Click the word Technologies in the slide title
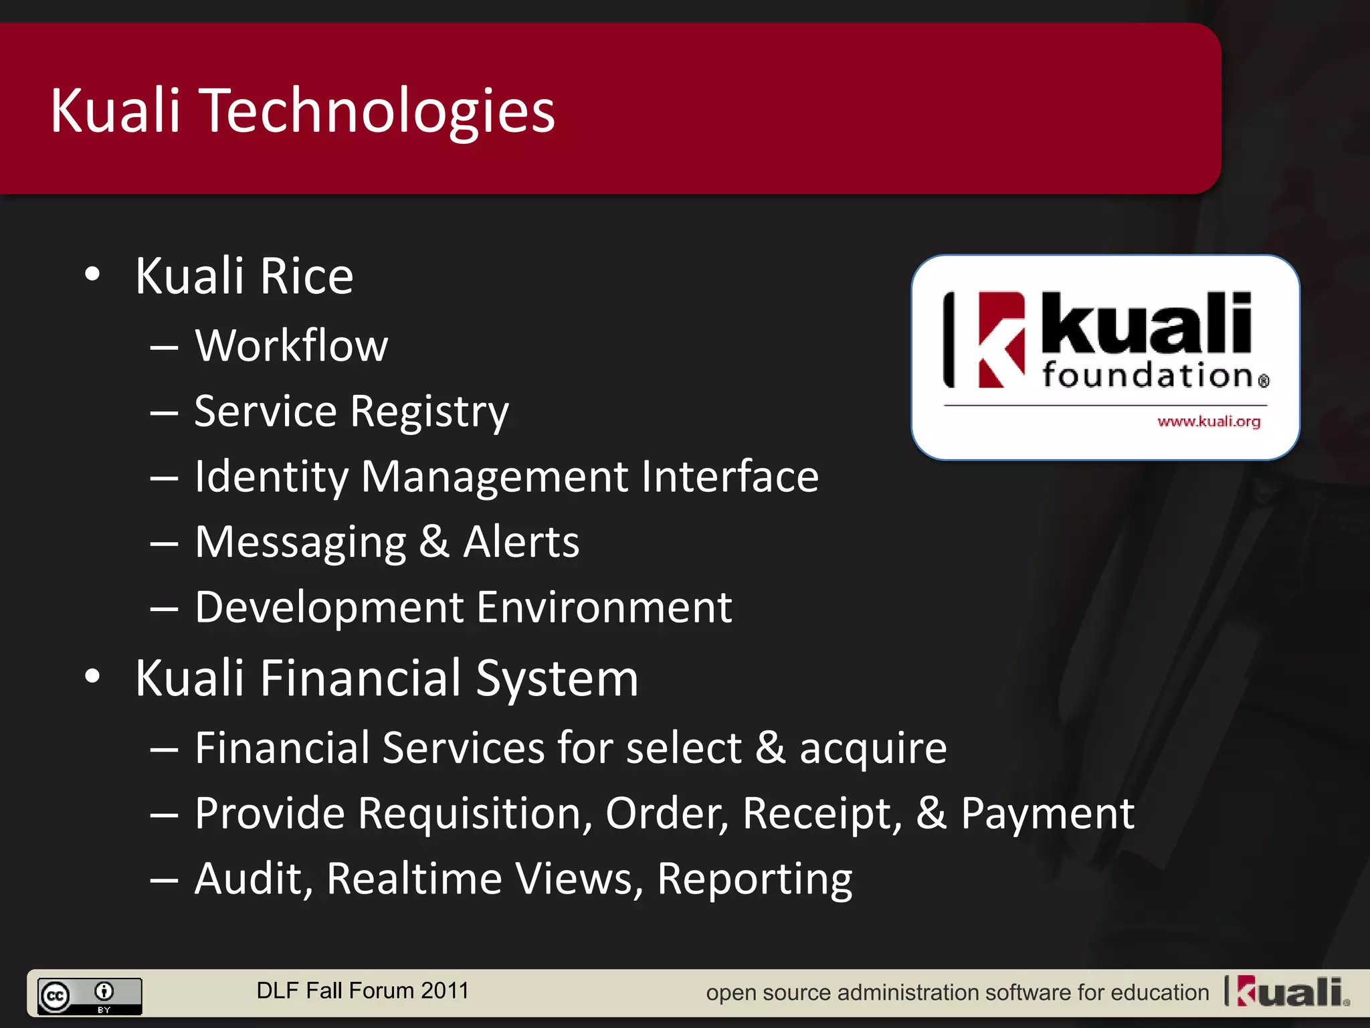tap(378, 111)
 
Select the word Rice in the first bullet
tap(306, 276)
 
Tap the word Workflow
tap(291, 346)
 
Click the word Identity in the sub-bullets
tap(271, 477)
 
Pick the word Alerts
tap(521, 542)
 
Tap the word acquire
tap(873, 748)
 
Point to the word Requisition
tap(475, 814)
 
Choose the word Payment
tap(1047, 814)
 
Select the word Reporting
tap(755, 879)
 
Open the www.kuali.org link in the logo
tap(1209, 422)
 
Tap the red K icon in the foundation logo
tap(1001, 339)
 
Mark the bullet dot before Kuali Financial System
tap(93, 677)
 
